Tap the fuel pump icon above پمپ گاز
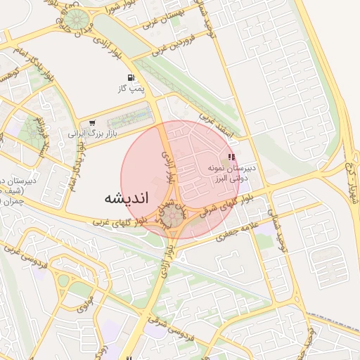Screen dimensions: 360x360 click(130, 78)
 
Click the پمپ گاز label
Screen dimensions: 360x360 click(131, 89)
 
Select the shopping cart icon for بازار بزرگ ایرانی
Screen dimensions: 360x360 click(92, 123)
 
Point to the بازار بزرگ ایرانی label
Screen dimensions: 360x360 click(91, 133)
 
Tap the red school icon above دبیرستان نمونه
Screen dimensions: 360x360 click(232, 157)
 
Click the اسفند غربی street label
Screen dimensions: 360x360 click(214, 121)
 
